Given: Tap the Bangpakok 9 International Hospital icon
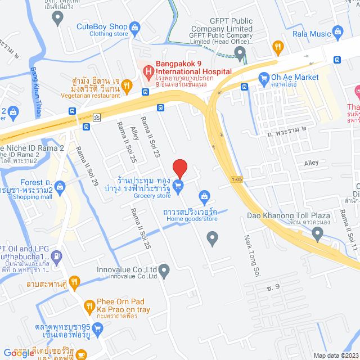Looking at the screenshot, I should (148, 71).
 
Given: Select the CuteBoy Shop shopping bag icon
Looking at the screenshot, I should (134, 26).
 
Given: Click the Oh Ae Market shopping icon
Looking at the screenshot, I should (263, 78).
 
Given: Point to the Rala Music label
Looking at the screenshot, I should (312, 34).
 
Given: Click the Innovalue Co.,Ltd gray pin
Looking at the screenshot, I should (164, 272).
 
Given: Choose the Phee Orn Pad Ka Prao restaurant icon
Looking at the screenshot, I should (89, 307).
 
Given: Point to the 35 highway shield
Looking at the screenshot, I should (97, 118).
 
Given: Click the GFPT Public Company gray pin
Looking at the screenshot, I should (240, 55).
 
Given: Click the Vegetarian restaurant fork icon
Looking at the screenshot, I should (127, 85).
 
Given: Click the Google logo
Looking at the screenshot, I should (19, 353).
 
